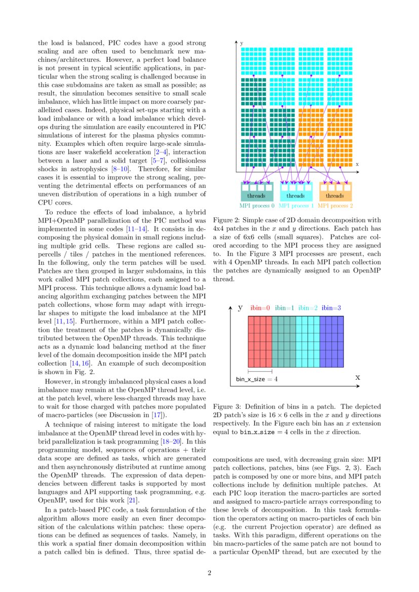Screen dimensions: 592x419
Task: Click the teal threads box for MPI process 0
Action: (256, 195)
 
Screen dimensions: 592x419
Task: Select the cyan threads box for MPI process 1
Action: (296, 195)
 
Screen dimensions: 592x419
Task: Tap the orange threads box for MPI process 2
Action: (335, 195)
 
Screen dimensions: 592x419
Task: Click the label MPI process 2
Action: (335, 206)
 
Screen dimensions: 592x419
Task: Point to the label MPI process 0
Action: (257, 206)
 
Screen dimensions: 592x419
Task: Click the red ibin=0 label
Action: (260, 308)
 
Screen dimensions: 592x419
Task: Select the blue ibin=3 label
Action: (331, 308)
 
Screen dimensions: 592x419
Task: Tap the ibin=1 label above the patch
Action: (284, 308)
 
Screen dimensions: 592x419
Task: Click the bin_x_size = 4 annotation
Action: (256, 379)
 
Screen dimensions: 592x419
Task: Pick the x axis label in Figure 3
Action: (358, 377)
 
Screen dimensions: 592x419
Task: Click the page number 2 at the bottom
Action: (209, 573)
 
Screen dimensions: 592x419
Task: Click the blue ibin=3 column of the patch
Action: (331, 342)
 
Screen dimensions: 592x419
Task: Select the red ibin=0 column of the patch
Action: (260, 342)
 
